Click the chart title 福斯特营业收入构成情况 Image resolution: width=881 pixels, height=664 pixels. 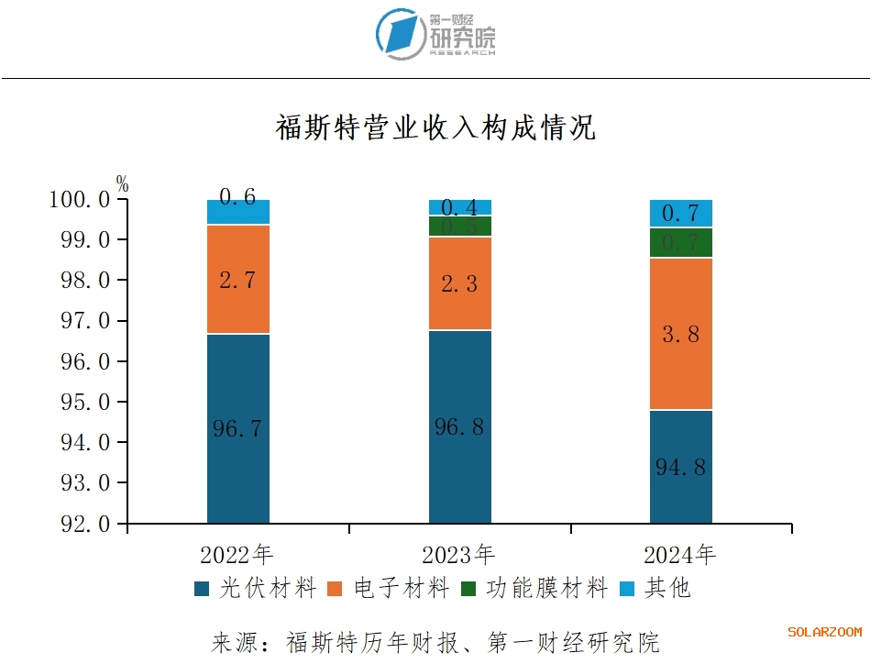[x=435, y=127]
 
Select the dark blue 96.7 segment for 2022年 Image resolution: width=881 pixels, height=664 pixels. [x=238, y=428]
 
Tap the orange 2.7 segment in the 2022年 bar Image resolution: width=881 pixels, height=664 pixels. [x=238, y=280]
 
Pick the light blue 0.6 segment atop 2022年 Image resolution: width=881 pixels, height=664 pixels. [x=238, y=212]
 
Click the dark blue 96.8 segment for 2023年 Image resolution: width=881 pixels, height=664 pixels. [x=460, y=426]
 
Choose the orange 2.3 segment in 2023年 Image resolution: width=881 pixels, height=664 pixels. [x=460, y=283]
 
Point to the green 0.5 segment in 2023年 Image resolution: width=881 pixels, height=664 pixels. [x=460, y=227]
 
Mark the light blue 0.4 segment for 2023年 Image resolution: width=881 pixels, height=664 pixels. [x=460, y=207]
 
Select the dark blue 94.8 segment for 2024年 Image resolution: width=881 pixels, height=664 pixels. [x=681, y=466]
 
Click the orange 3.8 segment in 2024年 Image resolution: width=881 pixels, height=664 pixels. [x=681, y=334]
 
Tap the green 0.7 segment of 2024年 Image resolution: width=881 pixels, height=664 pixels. [x=681, y=243]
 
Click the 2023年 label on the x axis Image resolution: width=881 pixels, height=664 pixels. [x=458, y=555]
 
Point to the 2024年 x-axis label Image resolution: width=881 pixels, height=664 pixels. [x=680, y=555]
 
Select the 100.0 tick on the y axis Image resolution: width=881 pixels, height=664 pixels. [x=79, y=200]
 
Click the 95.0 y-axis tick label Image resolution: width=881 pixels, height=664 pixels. [x=84, y=403]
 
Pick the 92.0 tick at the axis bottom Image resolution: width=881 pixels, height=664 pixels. [x=84, y=524]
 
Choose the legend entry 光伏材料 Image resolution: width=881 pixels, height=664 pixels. [x=257, y=588]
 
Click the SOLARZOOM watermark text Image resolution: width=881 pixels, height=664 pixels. [x=825, y=632]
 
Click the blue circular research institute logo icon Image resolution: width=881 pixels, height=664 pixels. [x=401, y=34]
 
